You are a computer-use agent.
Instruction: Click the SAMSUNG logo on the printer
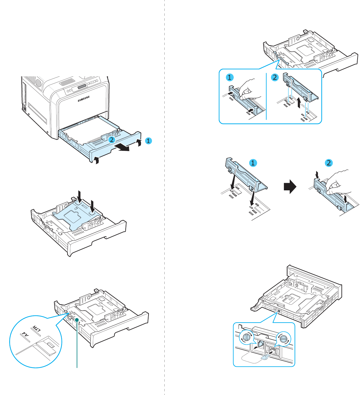point(84,99)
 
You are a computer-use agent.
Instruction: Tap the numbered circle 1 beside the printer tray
point(148,141)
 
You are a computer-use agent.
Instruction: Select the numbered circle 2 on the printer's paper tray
point(112,140)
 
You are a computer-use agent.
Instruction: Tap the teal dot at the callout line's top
point(77,320)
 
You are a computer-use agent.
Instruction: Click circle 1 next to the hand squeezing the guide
point(230,77)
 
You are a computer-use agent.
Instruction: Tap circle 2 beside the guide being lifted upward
point(274,77)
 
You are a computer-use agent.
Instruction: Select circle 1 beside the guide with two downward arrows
point(253,163)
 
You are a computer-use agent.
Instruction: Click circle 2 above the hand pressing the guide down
point(328,163)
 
